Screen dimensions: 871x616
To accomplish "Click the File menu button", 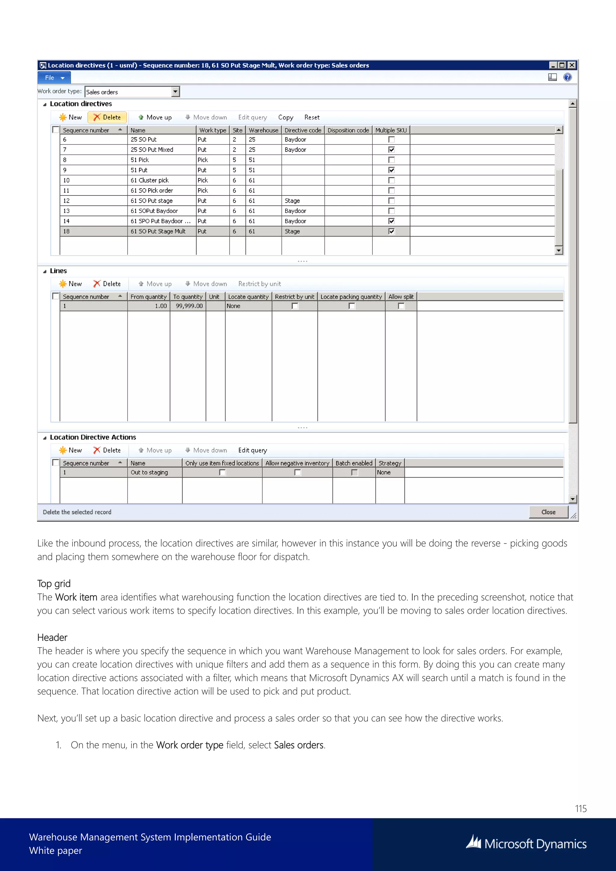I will point(54,78).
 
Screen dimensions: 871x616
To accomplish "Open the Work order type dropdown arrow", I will point(175,91).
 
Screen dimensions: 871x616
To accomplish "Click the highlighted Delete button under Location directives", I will point(107,117).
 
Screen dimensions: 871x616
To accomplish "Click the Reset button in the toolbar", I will point(312,117).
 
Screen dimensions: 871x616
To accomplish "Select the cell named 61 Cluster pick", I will point(150,180).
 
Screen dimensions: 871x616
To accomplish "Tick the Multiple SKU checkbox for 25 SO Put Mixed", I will point(391,149).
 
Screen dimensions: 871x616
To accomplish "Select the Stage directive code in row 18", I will point(292,231).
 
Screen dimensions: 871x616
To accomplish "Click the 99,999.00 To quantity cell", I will point(189,306).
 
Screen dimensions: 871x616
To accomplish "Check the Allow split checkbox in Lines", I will point(401,306).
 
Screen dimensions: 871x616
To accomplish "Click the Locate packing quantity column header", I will point(351,297).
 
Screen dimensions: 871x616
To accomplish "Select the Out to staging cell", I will point(149,472).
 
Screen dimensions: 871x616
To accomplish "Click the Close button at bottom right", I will point(548,512).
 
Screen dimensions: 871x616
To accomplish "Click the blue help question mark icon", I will point(568,77).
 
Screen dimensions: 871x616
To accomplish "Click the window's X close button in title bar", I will point(571,65).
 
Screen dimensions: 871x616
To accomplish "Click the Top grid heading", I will point(54,583).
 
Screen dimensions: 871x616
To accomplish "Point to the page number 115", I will point(580,808).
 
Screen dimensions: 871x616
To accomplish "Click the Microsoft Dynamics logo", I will point(526,843).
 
